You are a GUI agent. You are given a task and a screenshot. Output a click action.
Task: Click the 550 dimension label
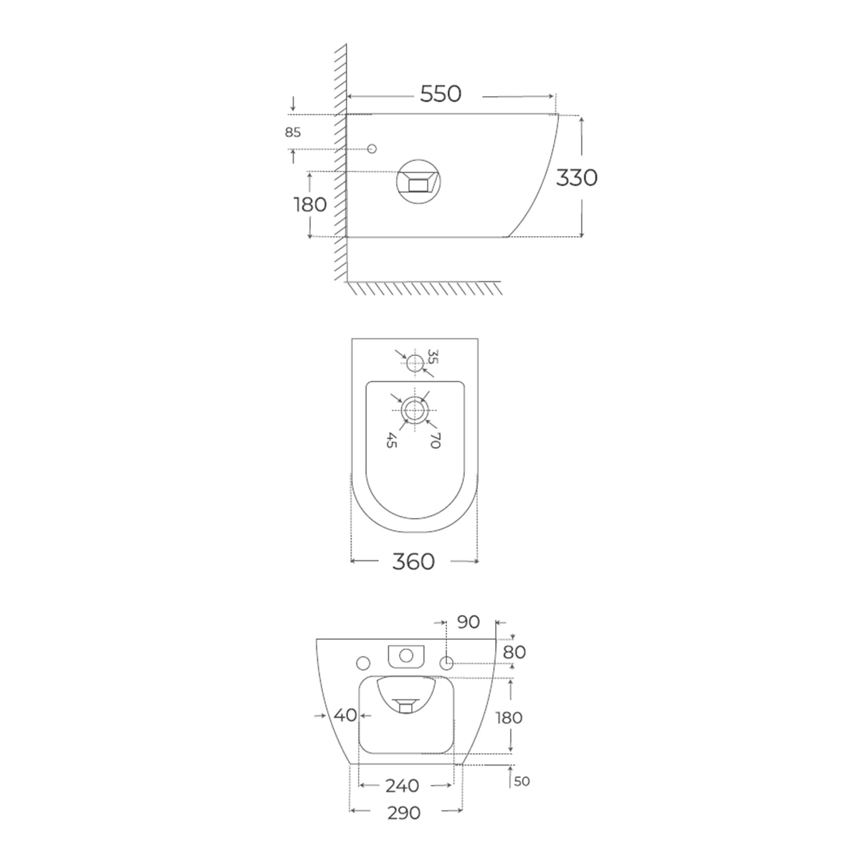[x=440, y=94]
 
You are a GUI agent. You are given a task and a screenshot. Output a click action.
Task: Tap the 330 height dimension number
[x=576, y=178]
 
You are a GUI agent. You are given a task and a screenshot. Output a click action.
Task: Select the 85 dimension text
[x=293, y=132]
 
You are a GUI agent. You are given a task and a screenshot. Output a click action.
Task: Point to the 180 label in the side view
[x=310, y=204]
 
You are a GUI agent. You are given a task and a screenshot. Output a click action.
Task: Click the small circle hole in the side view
[x=372, y=149]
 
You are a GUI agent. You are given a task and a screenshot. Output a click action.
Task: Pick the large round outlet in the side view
[x=418, y=182]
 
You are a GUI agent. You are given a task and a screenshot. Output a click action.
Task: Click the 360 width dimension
[x=413, y=562]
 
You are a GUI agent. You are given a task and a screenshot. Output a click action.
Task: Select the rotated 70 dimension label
[x=435, y=440]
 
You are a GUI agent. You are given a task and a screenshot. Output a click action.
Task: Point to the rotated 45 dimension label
[x=392, y=440]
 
